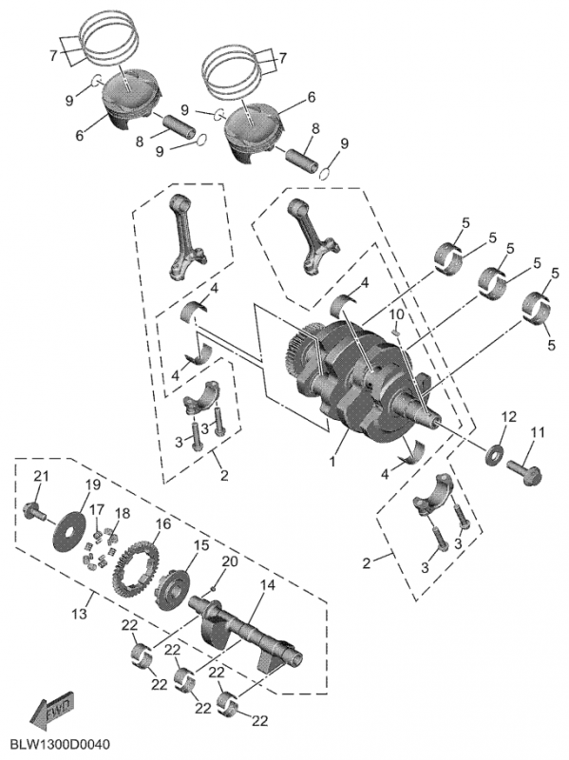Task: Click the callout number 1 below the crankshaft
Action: [x=332, y=461]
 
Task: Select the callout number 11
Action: [x=538, y=433]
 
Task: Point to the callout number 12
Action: [x=509, y=416]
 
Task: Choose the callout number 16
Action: [x=162, y=523]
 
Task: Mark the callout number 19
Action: [x=93, y=484]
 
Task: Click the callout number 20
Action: [x=228, y=562]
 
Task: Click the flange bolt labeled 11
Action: [x=522, y=468]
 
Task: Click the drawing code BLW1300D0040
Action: [x=61, y=742]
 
